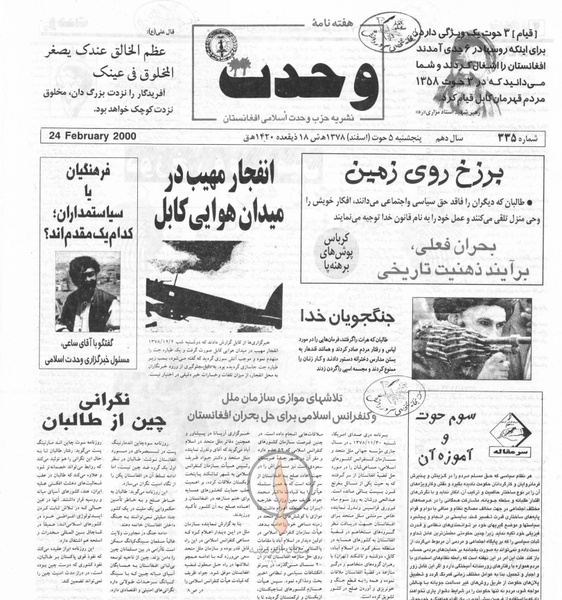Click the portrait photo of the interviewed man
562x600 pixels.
click(x=87, y=292)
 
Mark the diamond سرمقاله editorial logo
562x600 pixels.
click(x=512, y=432)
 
